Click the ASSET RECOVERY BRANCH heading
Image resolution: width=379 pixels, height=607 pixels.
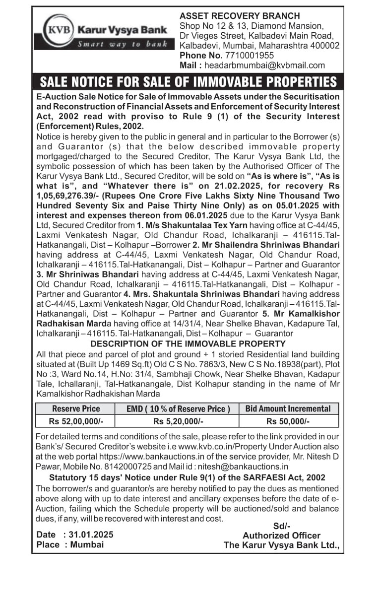(x=240, y=16)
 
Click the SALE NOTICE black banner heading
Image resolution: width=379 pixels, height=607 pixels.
(x=188, y=82)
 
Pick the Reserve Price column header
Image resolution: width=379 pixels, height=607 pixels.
(x=76, y=409)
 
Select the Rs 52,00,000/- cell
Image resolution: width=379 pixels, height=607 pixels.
(x=76, y=421)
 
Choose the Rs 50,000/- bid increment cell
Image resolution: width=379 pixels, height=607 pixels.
(x=288, y=421)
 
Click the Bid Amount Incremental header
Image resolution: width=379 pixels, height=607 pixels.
(x=288, y=409)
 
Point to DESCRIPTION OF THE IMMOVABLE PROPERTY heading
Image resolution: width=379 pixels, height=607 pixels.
(x=188, y=344)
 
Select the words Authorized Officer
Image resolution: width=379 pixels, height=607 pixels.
(x=281, y=536)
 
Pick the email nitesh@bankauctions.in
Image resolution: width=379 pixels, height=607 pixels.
(x=247, y=467)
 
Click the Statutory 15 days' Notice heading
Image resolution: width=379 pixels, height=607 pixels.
(x=187, y=477)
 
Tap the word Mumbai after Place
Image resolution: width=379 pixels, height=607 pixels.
(x=87, y=544)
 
